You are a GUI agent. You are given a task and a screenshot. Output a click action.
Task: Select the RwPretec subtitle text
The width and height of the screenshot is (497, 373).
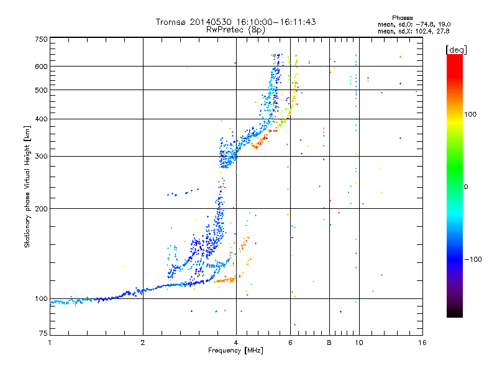pyautogui.click(x=225, y=30)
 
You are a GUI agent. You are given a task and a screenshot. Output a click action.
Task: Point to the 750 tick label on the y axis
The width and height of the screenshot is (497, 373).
pyautogui.click(x=42, y=39)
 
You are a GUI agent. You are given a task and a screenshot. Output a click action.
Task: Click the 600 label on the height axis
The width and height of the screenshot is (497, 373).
pyautogui.click(x=42, y=67)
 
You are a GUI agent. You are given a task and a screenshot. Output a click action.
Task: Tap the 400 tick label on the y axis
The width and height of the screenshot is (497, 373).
pyautogui.click(x=42, y=119)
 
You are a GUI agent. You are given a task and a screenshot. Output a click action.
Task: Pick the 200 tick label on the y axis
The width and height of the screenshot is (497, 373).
pyautogui.click(x=42, y=209)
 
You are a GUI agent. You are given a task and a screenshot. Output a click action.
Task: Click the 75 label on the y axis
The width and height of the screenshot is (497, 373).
pyautogui.click(x=43, y=333)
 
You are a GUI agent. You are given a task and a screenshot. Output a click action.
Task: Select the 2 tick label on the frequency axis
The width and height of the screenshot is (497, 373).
pyautogui.click(x=143, y=343)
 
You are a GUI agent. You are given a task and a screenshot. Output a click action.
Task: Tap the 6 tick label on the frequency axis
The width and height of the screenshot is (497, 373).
pyautogui.click(x=290, y=343)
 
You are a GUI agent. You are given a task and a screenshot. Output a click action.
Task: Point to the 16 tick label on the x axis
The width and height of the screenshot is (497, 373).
pyautogui.click(x=422, y=343)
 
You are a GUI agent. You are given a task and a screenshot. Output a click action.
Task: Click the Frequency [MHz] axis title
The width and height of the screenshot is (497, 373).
pyautogui.click(x=236, y=351)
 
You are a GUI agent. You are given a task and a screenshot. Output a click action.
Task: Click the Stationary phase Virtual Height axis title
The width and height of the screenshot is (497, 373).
pyautogui.click(x=27, y=187)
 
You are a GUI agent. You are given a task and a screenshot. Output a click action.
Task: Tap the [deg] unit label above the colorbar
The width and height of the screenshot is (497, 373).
pyautogui.click(x=456, y=50)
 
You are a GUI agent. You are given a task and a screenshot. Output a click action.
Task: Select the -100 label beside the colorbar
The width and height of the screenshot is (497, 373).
pyautogui.click(x=473, y=259)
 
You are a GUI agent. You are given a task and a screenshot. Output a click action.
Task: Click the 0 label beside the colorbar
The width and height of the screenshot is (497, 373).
pyautogui.click(x=466, y=187)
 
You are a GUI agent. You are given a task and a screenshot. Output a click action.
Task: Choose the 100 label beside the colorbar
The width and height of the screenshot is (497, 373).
pyautogui.click(x=470, y=114)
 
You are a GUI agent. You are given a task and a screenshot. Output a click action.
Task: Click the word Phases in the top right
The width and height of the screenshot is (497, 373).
pyautogui.click(x=402, y=18)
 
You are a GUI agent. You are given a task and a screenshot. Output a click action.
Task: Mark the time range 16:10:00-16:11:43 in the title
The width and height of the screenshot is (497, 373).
pyautogui.click(x=276, y=22)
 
